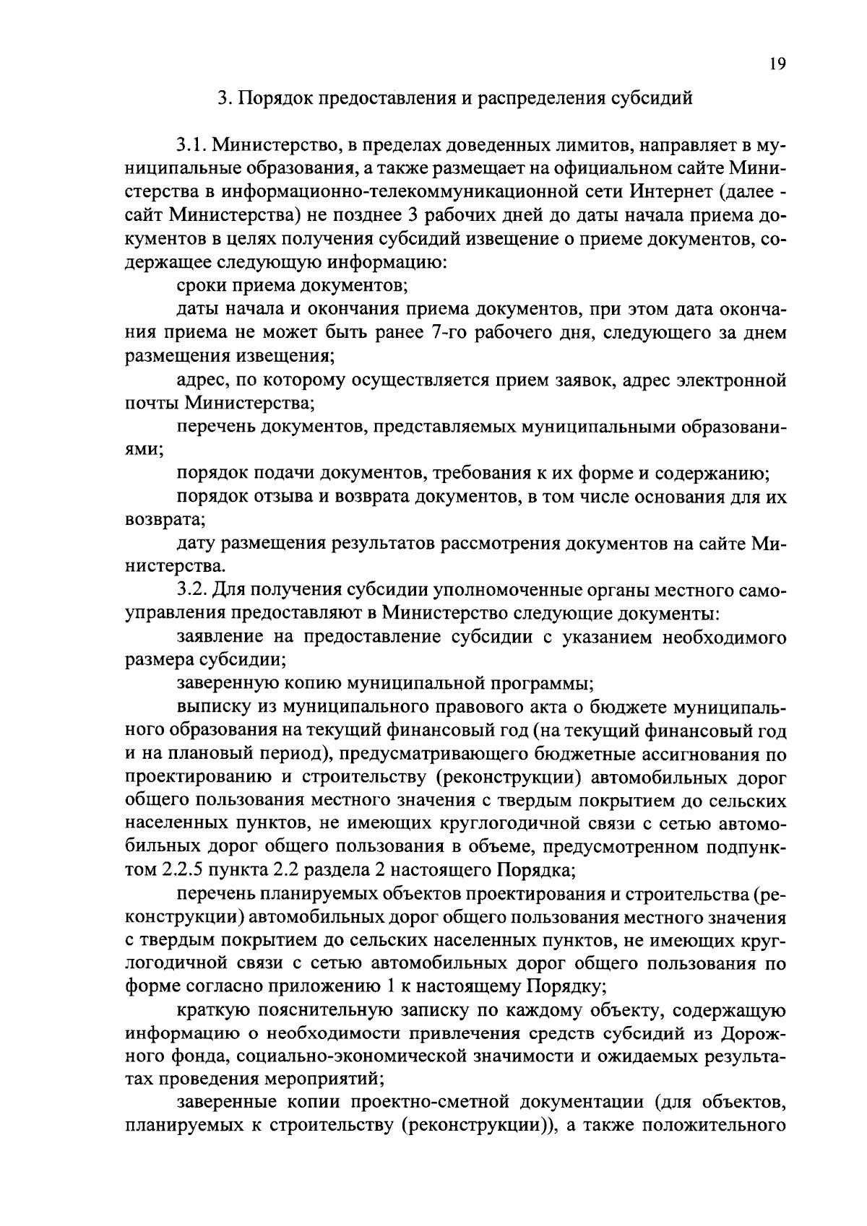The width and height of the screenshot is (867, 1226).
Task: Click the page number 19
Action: click(777, 64)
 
